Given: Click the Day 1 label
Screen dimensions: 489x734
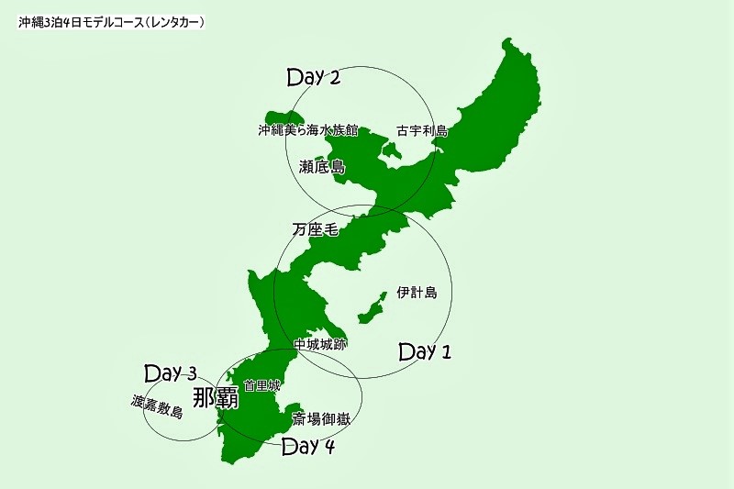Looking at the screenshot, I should [x=426, y=350].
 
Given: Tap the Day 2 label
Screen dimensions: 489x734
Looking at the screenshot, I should [x=314, y=77].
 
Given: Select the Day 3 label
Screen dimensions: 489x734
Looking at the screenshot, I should [x=171, y=373].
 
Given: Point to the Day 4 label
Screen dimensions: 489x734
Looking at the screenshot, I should [x=308, y=447].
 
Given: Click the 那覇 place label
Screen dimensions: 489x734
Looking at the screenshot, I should [x=216, y=396].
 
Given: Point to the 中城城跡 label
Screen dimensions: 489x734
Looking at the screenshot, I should [x=319, y=344].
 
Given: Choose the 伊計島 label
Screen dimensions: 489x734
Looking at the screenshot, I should [x=417, y=294].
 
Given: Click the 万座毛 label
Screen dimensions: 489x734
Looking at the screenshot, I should [x=316, y=229].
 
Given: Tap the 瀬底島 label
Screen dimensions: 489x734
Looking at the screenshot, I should [x=321, y=167].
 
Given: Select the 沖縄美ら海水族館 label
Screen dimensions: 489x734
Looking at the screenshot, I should [x=307, y=130].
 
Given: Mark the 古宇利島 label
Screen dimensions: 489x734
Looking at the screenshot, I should [x=422, y=130].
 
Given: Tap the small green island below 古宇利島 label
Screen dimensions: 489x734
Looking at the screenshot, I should [x=392, y=150].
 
